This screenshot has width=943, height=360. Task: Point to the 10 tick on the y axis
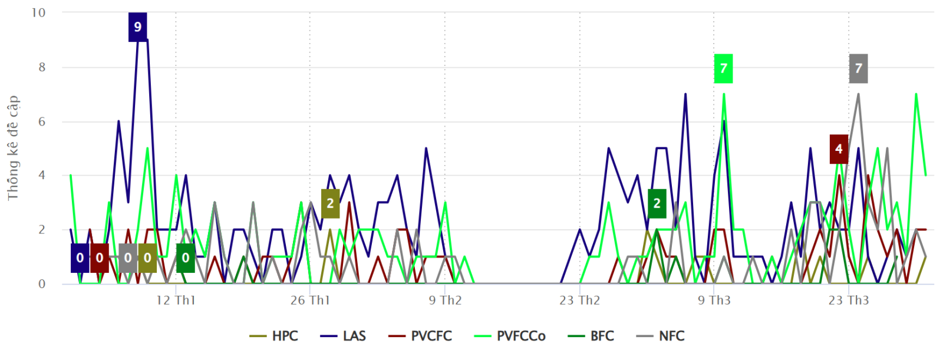(x=38, y=13)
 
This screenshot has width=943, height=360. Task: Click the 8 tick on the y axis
(x=42, y=67)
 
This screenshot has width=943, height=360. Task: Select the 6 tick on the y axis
(x=42, y=121)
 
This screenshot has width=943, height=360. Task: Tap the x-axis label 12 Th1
(x=176, y=300)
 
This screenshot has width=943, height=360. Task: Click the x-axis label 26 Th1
(x=310, y=300)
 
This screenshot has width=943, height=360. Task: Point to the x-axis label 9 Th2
(x=445, y=300)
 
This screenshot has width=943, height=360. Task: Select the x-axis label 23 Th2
(x=579, y=300)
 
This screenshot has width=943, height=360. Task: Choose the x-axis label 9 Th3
(x=714, y=300)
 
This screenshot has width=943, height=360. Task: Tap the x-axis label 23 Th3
(x=849, y=300)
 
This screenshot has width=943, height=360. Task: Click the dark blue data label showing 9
(x=138, y=27)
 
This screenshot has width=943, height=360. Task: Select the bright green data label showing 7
(x=723, y=68)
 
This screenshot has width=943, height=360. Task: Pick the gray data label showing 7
(x=858, y=68)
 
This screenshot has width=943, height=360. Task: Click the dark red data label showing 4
(x=839, y=149)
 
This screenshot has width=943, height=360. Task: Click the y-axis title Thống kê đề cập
(x=13, y=148)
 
